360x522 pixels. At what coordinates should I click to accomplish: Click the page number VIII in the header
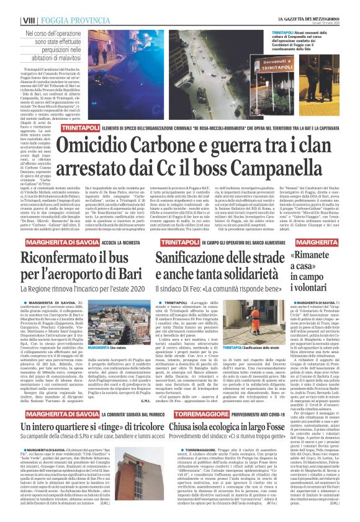[x=9, y=6]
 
